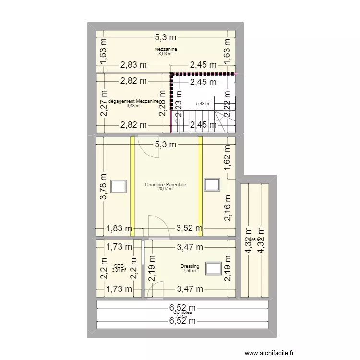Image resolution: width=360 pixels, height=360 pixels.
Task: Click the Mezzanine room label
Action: [166, 49]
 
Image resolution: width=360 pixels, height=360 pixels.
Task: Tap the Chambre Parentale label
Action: [166, 184]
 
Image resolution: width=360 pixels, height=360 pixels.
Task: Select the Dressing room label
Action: [190, 266]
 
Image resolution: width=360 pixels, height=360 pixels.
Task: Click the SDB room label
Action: [118, 266]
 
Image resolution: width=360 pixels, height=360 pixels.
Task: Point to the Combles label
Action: [182, 312]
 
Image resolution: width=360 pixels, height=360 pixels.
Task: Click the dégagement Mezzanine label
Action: [133, 101]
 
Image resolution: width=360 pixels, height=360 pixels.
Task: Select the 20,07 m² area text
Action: [166, 189]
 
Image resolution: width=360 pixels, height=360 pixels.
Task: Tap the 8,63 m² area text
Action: [166, 54]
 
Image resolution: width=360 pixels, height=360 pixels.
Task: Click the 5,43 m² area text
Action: [204, 103]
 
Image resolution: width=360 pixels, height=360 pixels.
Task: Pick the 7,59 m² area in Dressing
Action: [190, 271]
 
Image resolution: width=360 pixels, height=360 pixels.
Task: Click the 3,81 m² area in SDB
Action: [119, 270]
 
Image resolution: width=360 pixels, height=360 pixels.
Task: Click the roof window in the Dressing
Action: [213, 268]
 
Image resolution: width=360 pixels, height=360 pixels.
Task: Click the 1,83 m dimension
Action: [119, 229]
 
